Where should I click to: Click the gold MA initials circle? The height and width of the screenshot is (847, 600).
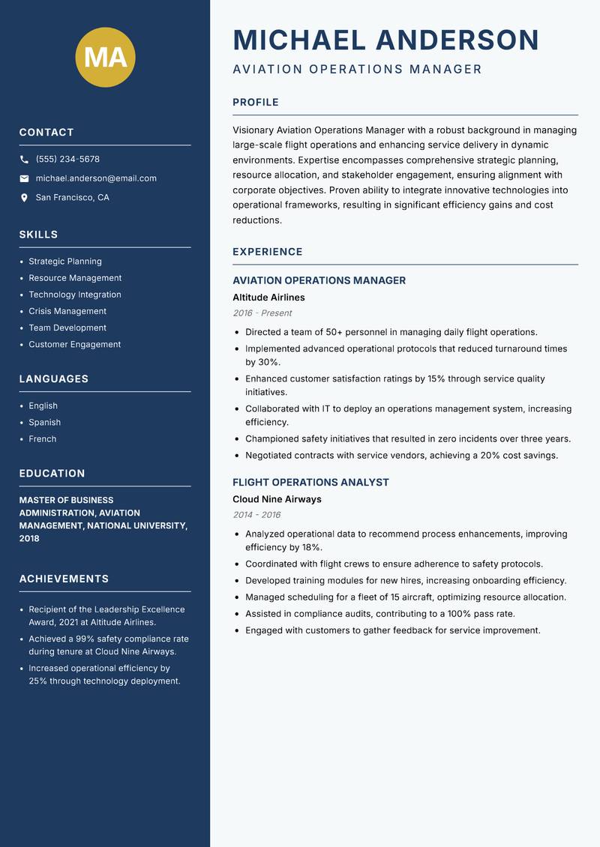[x=106, y=57]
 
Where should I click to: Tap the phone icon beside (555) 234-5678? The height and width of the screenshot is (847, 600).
[x=24, y=160]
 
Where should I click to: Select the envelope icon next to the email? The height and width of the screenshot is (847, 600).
[x=24, y=178]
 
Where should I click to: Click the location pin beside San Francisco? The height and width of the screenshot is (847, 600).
[x=24, y=198]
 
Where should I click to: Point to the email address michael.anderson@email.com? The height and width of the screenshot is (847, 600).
[x=96, y=178]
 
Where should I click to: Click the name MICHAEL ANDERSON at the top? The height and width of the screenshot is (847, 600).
[x=386, y=40]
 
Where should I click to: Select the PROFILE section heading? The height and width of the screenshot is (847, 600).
[x=256, y=103]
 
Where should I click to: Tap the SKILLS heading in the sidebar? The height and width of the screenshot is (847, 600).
[x=38, y=235]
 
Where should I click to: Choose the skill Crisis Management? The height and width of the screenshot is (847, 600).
[x=67, y=311]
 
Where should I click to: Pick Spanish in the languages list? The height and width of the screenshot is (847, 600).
[x=44, y=422]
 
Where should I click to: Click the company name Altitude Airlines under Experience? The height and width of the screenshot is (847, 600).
[x=268, y=298]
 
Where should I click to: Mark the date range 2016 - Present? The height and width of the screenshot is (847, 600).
[x=262, y=313]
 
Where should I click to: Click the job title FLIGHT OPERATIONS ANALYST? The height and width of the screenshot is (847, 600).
[x=310, y=483]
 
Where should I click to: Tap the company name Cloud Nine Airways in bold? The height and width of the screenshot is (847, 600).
[x=277, y=499]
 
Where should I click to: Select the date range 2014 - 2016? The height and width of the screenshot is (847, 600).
[x=256, y=515]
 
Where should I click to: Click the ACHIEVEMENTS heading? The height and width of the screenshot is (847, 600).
[x=64, y=579]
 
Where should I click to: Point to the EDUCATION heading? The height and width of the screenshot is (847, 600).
[x=52, y=474]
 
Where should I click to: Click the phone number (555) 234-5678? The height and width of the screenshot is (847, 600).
[x=67, y=160]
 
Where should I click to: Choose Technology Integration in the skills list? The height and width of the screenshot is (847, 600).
[x=75, y=295]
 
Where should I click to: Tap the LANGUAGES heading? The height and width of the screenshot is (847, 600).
[x=53, y=379]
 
